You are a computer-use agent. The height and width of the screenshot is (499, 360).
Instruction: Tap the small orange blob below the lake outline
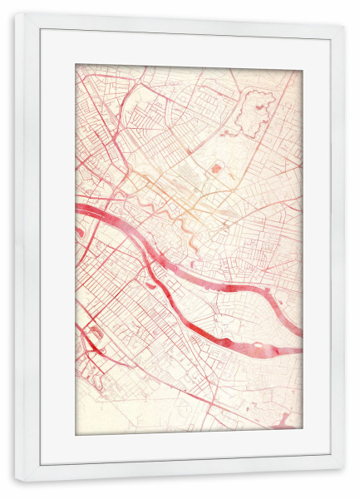[218, 169]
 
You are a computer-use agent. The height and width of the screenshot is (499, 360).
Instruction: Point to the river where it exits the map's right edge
[298, 349]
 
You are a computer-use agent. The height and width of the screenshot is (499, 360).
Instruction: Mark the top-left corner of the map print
[76, 65]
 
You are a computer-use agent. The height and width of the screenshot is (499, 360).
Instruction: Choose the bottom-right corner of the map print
[301, 433]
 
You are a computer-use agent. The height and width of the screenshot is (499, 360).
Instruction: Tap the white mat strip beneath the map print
[189, 447]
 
